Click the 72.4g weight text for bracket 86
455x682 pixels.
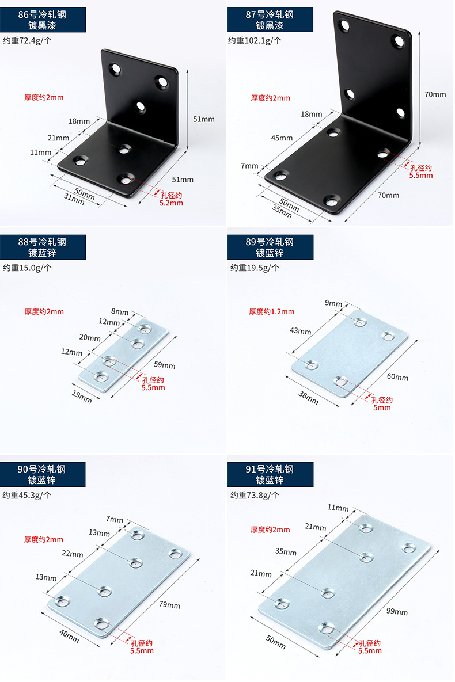click(27, 40)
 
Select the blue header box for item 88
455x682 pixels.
click(43, 247)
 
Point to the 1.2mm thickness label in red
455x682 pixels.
click(271, 311)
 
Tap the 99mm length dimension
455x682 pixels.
click(397, 612)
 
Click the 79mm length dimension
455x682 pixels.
click(170, 605)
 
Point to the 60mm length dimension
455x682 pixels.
click(397, 377)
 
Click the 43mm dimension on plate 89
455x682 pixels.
click(300, 331)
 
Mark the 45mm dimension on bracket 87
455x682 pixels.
click(282, 138)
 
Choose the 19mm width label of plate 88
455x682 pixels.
click(81, 397)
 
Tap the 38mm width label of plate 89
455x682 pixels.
click(308, 397)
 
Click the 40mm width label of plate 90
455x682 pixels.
click(69, 636)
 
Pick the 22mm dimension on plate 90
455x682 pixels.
click(72, 554)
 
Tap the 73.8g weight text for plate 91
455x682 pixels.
click(255, 494)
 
